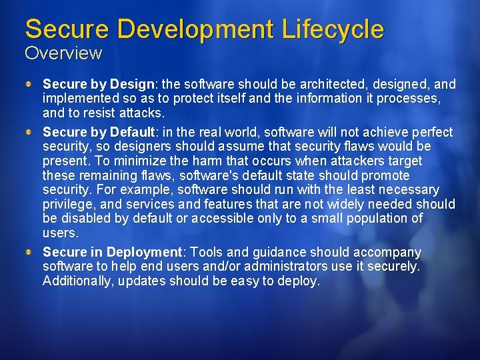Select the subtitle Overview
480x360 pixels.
63,53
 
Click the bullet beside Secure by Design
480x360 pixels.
30,84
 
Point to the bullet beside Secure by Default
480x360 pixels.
30,131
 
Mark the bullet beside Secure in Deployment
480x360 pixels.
30,252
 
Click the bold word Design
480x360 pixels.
132,85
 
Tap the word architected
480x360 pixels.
315,85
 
